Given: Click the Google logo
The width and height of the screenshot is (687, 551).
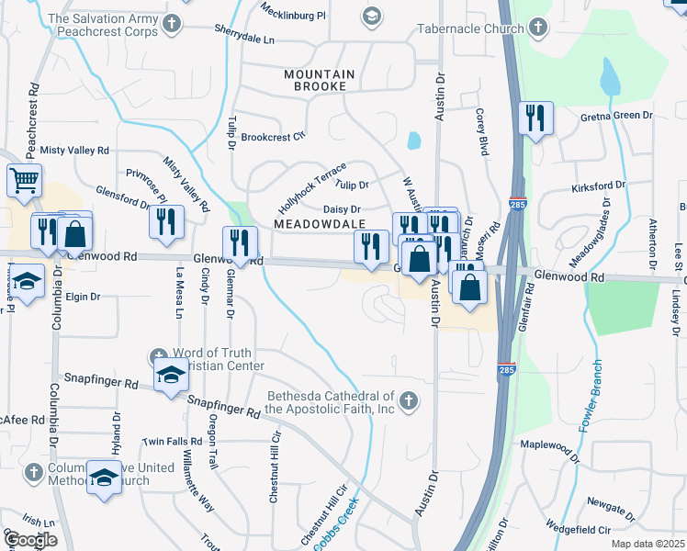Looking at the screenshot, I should pyautogui.click(x=29, y=540).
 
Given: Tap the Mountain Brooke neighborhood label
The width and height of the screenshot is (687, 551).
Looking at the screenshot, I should pyautogui.click(x=315, y=80).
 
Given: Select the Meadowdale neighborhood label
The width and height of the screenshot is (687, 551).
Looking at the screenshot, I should pyautogui.click(x=319, y=224).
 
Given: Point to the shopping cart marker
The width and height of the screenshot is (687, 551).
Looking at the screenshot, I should pyautogui.click(x=24, y=180).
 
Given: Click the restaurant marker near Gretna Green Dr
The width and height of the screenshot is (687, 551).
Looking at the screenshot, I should pyautogui.click(x=535, y=118).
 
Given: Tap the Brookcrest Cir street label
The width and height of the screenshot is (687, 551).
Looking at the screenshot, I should pyautogui.click(x=273, y=137).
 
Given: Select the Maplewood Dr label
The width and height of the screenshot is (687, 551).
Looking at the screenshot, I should pyautogui.click(x=551, y=450).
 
